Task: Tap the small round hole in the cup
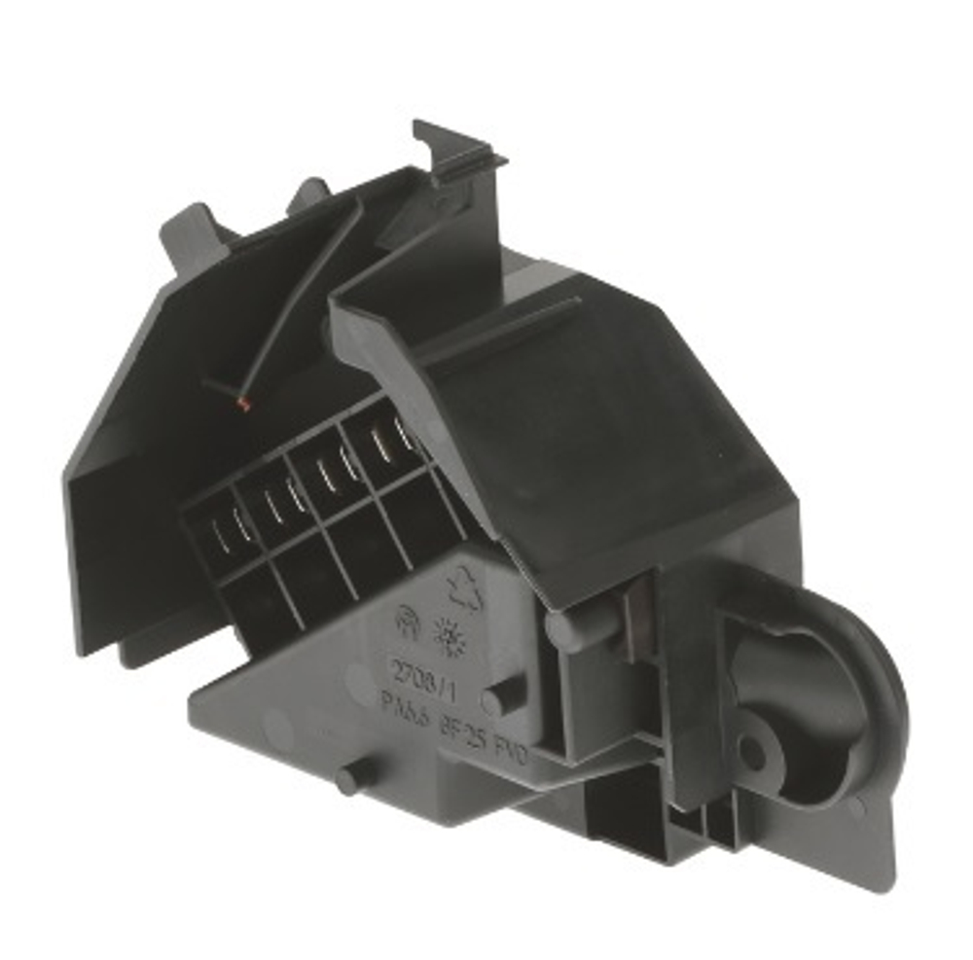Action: point(750,750)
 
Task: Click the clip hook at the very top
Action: point(457,151)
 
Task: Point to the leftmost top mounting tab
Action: point(190,229)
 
